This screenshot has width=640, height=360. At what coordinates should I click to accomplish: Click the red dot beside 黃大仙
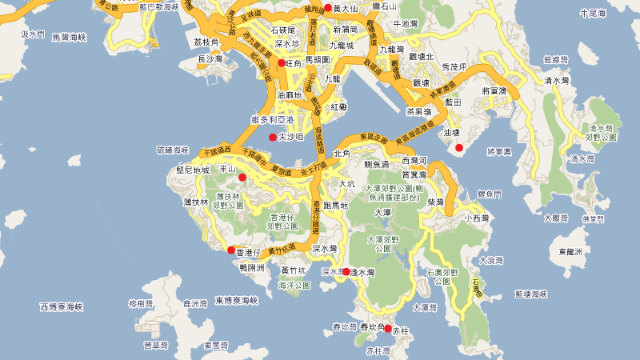(327, 8)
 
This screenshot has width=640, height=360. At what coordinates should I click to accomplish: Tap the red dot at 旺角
(281, 62)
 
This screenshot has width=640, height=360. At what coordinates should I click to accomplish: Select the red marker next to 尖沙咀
(272, 138)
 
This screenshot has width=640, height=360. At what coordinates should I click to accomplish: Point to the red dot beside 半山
(242, 177)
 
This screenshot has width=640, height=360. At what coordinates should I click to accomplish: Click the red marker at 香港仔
(230, 250)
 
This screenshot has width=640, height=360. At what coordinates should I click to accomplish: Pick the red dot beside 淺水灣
(346, 272)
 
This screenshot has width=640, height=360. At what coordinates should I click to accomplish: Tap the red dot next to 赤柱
(388, 329)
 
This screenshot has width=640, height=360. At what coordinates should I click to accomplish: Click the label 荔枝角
(206, 42)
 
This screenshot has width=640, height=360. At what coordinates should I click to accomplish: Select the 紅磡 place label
(338, 106)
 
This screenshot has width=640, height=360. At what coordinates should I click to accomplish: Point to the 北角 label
(342, 153)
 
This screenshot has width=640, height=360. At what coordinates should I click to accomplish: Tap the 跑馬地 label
(334, 206)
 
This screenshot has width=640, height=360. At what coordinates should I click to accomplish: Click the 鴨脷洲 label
(253, 268)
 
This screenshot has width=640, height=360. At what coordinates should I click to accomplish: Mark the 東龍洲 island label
(571, 251)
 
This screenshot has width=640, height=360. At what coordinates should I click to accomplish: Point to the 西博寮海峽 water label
(61, 307)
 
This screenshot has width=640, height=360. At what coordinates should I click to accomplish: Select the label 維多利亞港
(272, 119)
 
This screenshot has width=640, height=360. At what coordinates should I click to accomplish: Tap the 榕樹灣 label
(140, 304)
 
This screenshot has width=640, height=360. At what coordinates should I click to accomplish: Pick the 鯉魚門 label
(489, 194)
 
